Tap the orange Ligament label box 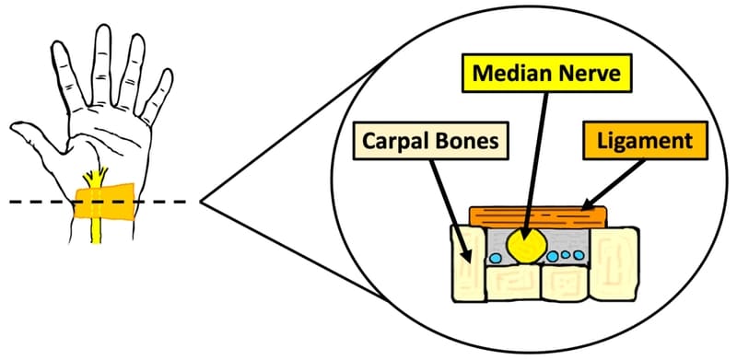635,142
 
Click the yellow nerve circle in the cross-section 528,245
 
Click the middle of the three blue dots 566,255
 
